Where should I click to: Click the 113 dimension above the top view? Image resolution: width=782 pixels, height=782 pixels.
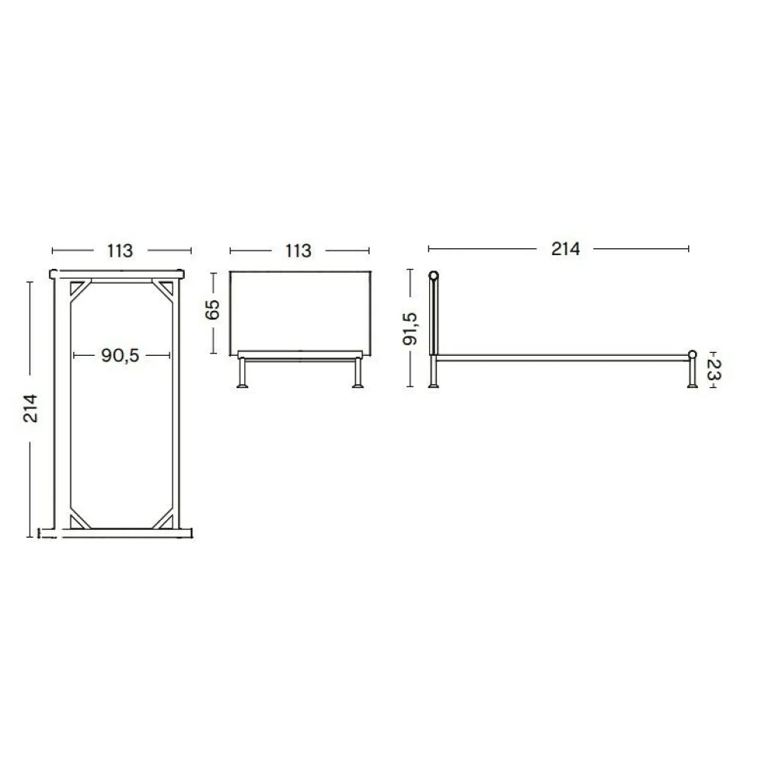tap(120, 250)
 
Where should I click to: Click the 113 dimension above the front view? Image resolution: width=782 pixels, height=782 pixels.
tap(298, 250)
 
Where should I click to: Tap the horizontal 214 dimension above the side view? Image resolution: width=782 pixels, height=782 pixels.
tap(566, 248)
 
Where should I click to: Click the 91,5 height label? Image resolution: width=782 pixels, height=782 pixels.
tap(411, 328)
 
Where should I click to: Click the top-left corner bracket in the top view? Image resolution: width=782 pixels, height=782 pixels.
tap(78, 291)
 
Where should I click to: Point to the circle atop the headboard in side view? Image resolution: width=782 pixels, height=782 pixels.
tap(434, 276)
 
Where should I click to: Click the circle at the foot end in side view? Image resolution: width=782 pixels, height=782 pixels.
tap(693, 354)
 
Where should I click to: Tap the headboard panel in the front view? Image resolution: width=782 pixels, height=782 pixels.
tap(299, 312)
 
